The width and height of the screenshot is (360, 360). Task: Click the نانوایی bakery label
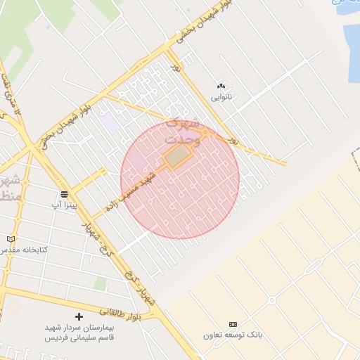pos(221,96)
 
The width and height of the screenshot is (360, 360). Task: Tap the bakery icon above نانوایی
pos(221,86)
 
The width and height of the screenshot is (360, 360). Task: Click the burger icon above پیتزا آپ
pos(64,193)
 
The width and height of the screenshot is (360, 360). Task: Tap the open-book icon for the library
pos(11,239)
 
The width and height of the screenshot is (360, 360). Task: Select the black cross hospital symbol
pos(79,317)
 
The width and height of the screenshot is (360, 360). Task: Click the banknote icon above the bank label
pos(233,323)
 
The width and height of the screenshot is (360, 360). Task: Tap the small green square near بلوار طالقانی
pos(101,283)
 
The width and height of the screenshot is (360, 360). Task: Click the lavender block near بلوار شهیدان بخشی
pos(109,121)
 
